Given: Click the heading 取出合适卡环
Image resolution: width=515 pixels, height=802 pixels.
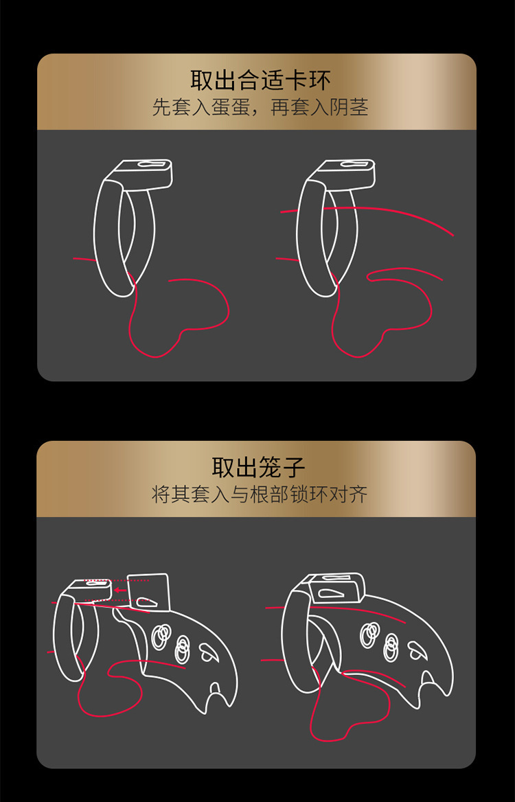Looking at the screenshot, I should pyautogui.click(x=260, y=81).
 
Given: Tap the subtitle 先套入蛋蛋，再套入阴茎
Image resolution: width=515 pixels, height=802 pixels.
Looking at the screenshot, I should pyautogui.click(x=260, y=108).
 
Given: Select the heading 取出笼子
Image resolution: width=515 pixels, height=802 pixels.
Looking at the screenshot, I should pyautogui.click(x=257, y=468).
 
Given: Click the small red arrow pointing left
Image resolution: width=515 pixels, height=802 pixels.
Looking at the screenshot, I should pyautogui.click(x=121, y=589).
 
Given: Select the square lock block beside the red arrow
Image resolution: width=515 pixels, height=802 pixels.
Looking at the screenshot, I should pyautogui.click(x=149, y=591).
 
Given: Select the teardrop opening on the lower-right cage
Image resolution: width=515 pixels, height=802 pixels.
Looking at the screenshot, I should pyautogui.click(x=417, y=648).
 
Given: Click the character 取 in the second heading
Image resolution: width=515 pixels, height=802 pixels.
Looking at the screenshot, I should pyautogui.click(x=222, y=468).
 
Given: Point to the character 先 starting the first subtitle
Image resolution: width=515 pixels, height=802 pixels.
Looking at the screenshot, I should pyautogui.click(x=160, y=108).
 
